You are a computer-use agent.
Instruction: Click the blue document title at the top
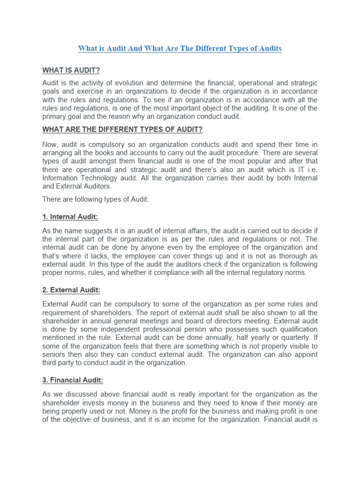tap(180, 48)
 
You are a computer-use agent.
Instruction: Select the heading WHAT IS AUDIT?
tap(71, 70)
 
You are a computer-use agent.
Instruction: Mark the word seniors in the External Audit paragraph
tap(54, 354)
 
